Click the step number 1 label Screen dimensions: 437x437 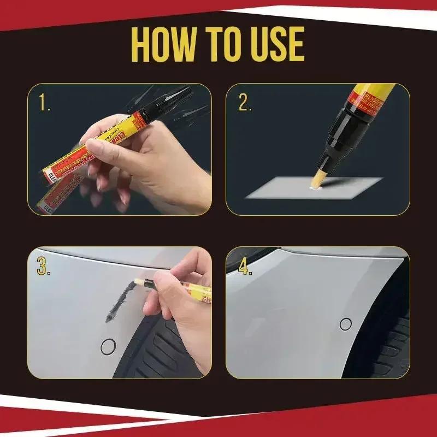[x=45, y=103]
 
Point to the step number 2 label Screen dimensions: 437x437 [x=245, y=103]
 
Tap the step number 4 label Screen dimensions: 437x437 [x=245, y=266]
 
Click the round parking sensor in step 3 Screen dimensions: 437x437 [x=109, y=345]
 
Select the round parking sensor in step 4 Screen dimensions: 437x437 [x=346, y=324]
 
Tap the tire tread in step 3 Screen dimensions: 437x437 [x=164, y=350]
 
